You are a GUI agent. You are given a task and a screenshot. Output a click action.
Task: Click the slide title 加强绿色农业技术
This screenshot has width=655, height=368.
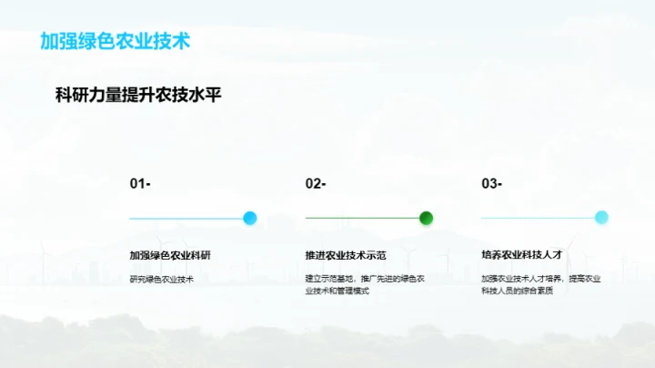click(116, 42)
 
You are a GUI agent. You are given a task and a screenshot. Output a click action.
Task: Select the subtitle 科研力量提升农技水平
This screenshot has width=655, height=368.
click(139, 96)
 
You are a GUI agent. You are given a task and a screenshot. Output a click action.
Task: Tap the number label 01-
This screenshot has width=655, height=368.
click(140, 184)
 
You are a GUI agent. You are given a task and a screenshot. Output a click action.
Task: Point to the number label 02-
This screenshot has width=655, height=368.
click(316, 184)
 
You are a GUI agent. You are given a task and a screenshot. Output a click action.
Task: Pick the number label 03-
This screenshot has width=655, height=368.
click(491, 184)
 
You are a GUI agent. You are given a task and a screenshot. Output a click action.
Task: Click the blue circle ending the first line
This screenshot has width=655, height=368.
click(250, 218)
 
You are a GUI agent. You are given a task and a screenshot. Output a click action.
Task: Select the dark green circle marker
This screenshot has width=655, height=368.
click(426, 218)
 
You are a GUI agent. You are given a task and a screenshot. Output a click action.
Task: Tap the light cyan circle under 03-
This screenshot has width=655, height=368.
click(601, 218)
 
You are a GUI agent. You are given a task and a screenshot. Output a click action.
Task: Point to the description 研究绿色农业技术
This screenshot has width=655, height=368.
click(161, 279)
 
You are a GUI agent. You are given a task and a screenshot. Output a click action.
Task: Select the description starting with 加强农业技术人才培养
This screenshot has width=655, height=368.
click(540, 279)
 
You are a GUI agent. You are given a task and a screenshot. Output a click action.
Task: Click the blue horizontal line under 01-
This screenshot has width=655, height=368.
click(186, 219)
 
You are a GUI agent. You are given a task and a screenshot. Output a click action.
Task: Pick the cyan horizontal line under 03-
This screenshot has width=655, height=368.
click(537, 219)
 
